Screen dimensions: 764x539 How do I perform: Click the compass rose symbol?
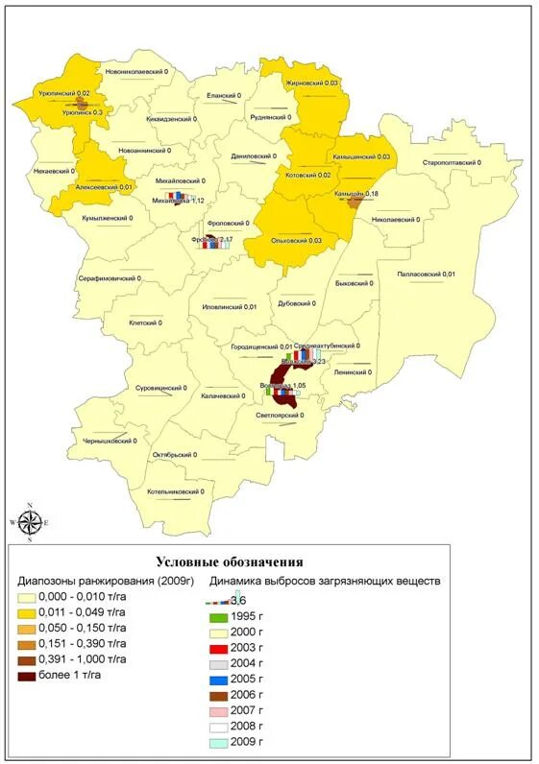(30, 521)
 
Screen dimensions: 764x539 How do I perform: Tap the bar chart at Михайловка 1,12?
(175, 196)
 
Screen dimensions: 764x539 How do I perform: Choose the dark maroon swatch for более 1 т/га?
(27, 676)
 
